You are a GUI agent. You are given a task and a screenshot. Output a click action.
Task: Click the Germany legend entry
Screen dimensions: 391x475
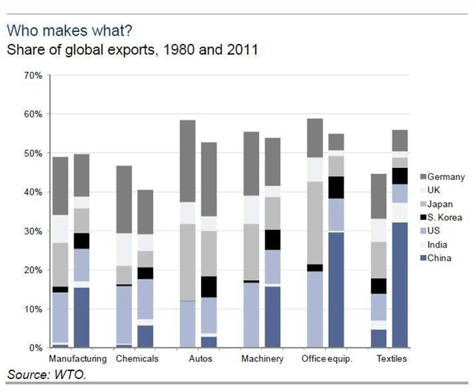tap(445, 176)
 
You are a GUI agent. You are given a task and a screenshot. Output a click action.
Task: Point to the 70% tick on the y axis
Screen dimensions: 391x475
tap(33, 76)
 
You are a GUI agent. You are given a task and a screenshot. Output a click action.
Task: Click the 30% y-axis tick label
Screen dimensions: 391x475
tap(33, 231)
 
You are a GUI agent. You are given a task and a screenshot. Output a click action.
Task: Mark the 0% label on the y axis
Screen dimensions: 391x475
tap(35, 348)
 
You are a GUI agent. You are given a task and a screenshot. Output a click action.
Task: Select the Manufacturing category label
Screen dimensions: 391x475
tap(77, 359)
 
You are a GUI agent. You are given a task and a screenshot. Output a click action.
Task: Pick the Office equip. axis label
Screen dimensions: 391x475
tap(326, 359)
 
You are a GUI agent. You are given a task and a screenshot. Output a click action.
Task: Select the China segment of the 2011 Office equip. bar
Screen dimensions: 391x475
tap(336, 290)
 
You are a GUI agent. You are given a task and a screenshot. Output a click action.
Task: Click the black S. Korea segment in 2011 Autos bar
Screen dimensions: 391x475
tap(209, 287)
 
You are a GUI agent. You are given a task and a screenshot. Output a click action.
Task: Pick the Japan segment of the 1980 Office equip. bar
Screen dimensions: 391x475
tap(315, 223)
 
